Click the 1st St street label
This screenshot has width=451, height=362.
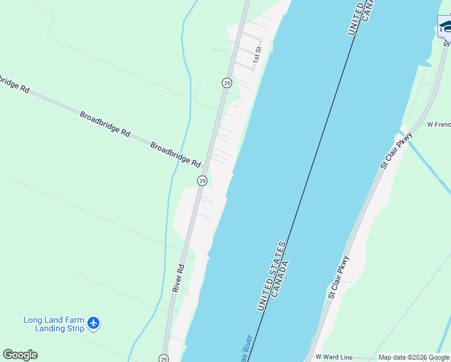point(257,54)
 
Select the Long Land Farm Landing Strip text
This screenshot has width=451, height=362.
point(53,324)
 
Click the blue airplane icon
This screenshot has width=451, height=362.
point(93,323)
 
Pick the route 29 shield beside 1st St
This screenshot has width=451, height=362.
point(227,83)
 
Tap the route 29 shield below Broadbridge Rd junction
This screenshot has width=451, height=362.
point(203,180)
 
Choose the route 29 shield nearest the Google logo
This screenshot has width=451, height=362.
point(164,358)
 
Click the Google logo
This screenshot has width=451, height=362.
point(20,355)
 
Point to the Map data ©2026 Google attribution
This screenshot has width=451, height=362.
point(414,358)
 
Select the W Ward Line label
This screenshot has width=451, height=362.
point(333,358)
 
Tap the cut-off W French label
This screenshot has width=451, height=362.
point(438,125)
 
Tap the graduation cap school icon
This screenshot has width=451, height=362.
point(446,26)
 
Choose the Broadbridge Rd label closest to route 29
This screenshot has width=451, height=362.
point(175,155)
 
